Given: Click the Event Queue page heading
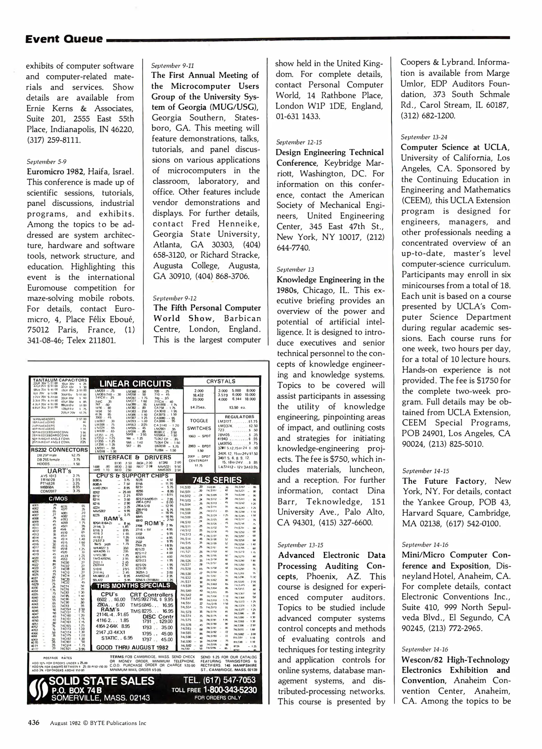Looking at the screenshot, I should coord(64,39).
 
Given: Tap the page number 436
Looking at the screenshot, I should coord(34,723).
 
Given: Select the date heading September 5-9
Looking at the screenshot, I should coord(46,162).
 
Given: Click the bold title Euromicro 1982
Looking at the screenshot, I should coord(55,172).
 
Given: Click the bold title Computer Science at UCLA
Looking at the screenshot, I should coord(455,147).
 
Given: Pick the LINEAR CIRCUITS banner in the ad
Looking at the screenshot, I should coord(135,384).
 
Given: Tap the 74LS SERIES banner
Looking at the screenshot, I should coord(217,480).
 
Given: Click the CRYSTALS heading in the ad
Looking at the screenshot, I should coord(221,381).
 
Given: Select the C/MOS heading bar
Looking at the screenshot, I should coord(58,499).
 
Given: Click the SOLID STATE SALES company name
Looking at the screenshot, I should coord(102,681).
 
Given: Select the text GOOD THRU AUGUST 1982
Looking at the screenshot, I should coord(132,647).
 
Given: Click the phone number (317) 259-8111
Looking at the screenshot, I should coord(54,140).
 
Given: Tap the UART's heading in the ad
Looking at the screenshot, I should coord(60,471).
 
